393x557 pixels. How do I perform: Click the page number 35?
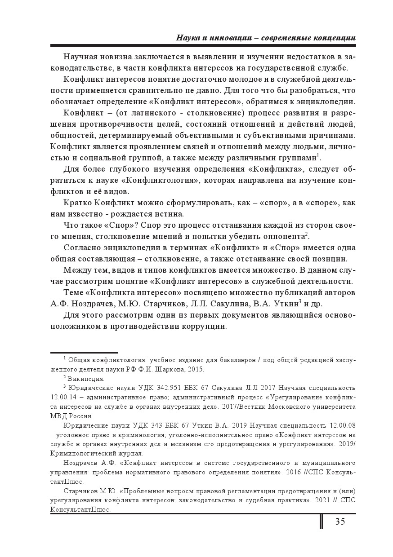pos(339,522)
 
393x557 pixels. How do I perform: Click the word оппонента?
pos(283,237)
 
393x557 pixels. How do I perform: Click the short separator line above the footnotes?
pos(84,353)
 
